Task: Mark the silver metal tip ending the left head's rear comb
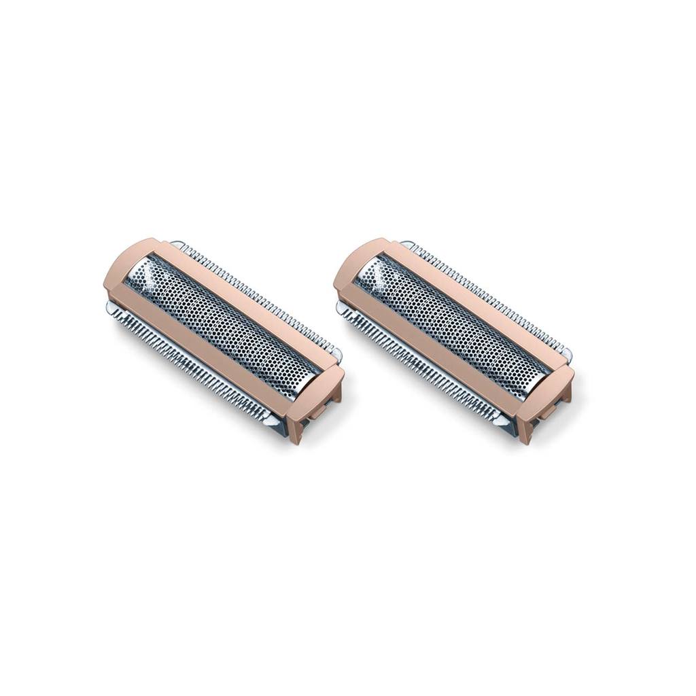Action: click(336, 354)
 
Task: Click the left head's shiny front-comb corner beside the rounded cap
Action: click(113, 309)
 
